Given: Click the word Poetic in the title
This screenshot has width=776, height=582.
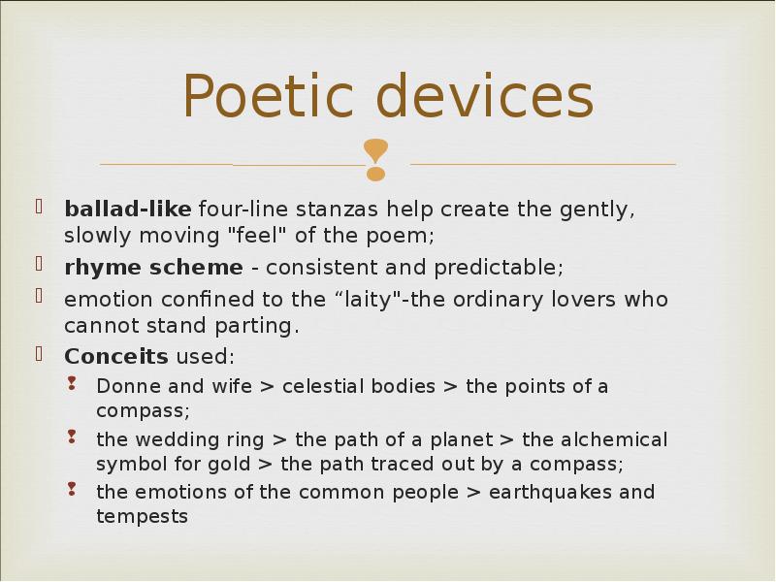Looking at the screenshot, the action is point(269,95).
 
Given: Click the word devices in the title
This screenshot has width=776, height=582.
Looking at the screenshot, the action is point(484,95).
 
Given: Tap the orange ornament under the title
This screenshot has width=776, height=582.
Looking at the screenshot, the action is point(375,160).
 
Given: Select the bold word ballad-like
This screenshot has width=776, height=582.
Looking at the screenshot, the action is point(128,209).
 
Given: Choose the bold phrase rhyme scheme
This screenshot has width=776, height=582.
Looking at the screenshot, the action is point(153,268).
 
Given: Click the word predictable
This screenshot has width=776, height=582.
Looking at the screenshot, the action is point(499,268).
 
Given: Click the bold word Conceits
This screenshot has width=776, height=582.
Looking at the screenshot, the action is point(116,356).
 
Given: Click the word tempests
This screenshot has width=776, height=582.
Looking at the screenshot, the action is point(142,517).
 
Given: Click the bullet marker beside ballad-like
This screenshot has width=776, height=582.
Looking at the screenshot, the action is point(40,206).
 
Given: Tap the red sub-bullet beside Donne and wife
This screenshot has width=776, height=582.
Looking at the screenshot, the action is point(72,383).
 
